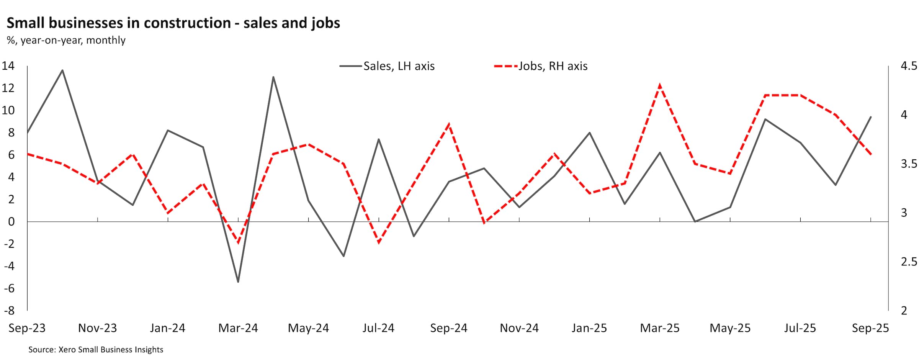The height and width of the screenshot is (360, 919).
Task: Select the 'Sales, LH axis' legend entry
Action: pyautogui.click(x=399, y=66)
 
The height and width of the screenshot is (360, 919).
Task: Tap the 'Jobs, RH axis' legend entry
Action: pyautogui.click(x=553, y=66)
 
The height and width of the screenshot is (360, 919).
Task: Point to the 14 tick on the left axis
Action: pyautogui.click(x=8, y=66)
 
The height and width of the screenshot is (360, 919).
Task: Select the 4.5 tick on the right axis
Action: pyautogui.click(x=909, y=66)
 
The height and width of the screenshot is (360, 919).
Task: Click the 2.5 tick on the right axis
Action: pyautogui.click(x=909, y=262)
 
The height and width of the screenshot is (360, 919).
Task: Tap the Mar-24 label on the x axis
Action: pyautogui.click(x=238, y=328)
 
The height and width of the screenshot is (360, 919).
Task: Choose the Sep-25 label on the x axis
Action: pyautogui.click(x=870, y=328)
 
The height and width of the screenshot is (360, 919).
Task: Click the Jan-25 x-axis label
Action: pyautogui.click(x=589, y=328)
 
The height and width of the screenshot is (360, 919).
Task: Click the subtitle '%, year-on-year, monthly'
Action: pyautogui.click(x=66, y=40)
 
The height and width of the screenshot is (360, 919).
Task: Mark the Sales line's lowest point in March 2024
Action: pyautogui.click(x=238, y=282)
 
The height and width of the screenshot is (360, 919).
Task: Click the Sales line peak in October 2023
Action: pyautogui.click(x=62, y=70)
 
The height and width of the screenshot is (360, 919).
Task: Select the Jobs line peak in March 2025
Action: pyautogui.click(x=660, y=85)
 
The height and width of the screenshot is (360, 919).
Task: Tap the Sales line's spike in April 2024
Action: pyautogui.click(x=273, y=77)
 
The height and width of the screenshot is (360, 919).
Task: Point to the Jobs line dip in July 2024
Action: pyautogui.click(x=379, y=242)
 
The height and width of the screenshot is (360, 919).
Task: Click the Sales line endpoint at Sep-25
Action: pyautogui.click(x=871, y=117)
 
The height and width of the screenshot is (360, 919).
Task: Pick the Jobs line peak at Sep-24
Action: pyautogui.click(x=449, y=124)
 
